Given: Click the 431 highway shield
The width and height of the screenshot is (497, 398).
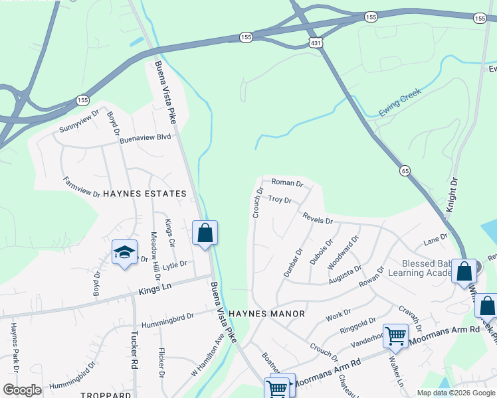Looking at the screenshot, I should (316, 42).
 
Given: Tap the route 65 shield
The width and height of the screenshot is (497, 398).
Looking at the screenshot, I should (405, 171).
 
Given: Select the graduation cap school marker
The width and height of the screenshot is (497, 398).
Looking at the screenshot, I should (124, 253).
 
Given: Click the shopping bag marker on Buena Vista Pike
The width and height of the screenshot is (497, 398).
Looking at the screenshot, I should (205, 233).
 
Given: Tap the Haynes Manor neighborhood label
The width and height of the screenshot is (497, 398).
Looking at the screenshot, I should (266, 313).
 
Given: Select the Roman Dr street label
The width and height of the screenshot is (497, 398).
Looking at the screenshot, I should (287, 183).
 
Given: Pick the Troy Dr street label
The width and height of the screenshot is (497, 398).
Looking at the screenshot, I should (280, 199).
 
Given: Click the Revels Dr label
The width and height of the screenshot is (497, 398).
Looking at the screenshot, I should (317, 218).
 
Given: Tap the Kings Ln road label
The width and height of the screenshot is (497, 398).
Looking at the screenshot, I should (155, 289).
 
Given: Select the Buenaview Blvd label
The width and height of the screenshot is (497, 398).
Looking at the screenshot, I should (147, 137).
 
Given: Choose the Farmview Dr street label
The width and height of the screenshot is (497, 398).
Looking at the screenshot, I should (81, 188).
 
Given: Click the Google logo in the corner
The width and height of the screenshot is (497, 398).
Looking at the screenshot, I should (23, 390).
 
